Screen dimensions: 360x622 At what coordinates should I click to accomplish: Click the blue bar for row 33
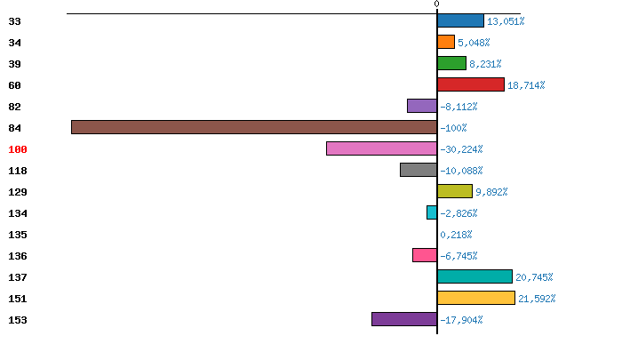[460, 20]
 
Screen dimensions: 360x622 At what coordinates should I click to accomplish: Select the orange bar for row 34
[446, 42]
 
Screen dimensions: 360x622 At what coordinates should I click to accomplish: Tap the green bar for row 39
[451, 63]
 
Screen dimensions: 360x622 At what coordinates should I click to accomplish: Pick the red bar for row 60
[471, 84]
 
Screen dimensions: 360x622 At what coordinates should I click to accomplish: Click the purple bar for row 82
[422, 106]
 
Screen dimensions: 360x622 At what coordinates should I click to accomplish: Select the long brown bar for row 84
[254, 127]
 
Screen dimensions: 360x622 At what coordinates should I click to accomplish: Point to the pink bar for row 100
[381, 148]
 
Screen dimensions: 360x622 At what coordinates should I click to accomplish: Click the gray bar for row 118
[419, 170]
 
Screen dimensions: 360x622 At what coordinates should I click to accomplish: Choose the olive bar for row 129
[455, 191]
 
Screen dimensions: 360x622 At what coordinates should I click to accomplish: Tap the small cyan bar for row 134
[432, 212]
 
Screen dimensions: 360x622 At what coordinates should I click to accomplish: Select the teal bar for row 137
[474, 276]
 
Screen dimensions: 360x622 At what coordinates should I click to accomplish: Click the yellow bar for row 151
[476, 298]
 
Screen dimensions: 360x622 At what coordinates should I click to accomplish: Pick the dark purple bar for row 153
[404, 319]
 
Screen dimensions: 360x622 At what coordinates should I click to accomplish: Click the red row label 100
[18, 149]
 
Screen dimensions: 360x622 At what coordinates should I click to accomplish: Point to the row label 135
[18, 235]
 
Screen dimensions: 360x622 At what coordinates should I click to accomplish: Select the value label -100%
[453, 128]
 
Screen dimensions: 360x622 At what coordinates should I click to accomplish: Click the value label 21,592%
[537, 299]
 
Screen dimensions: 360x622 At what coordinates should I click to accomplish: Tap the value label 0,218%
[457, 235]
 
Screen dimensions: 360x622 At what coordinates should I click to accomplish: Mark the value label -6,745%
[459, 256]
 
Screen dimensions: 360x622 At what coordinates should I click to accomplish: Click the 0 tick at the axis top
[436, 4]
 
